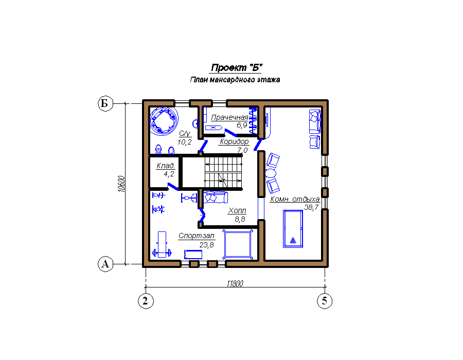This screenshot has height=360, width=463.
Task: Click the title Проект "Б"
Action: pyautogui.click(x=237, y=68)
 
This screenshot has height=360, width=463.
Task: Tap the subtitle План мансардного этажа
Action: pyautogui.click(x=235, y=80)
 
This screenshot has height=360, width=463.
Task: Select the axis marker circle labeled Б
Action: pyautogui.click(x=105, y=103)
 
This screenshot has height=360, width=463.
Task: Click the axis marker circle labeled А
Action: pyautogui.click(x=105, y=264)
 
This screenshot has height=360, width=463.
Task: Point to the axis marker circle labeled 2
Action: pyautogui.click(x=146, y=301)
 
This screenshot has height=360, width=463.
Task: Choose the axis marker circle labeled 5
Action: pyautogui.click(x=325, y=301)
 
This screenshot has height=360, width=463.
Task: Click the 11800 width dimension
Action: pyautogui.click(x=235, y=283)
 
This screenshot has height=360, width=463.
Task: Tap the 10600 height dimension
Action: pyautogui.click(x=121, y=184)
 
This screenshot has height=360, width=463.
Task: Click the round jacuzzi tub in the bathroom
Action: pyautogui.click(x=164, y=121)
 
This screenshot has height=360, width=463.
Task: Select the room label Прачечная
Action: pyautogui.click(x=229, y=117)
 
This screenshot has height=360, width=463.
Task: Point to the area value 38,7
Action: pyautogui.click(x=311, y=207)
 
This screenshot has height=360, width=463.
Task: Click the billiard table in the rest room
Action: pyautogui.click(x=293, y=229)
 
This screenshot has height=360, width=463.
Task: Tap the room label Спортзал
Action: pyautogui.click(x=197, y=236)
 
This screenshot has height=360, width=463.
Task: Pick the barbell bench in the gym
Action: pyautogui.click(x=162, y=245)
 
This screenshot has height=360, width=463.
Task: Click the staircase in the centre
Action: pyautogui.click(x=223, y=172)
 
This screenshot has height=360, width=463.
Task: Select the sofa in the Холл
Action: pyautogui.click(x=216, y=197)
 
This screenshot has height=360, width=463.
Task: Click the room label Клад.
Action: pyautogui.click(x=165, y=166)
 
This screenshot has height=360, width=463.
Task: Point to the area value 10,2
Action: pyautogui.click(x=185, y=142)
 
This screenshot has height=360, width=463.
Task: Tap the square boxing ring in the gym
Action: pyautogui.click(x=238, y=245)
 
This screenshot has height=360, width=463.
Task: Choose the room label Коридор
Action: pyautogui.click(x=234, y=141)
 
